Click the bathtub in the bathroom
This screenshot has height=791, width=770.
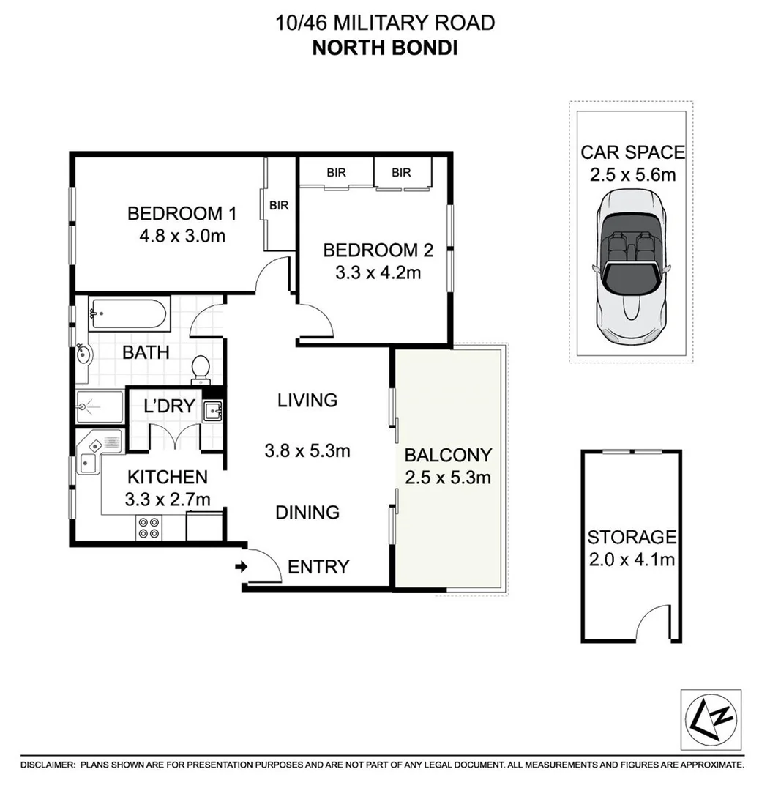click(129, 316)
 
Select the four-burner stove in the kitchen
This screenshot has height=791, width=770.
click(149, 528)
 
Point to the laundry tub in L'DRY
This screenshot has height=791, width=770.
click(212, 412)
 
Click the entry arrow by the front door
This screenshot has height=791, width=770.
click(240, 566)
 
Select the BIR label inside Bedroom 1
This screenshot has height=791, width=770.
click(279, 206)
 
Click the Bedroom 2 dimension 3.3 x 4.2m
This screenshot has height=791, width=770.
click(378, 273)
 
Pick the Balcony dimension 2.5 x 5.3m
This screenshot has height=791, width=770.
click(447, 478)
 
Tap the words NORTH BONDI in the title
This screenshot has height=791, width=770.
click(384, 48)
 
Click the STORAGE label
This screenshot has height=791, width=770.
click(632, 538)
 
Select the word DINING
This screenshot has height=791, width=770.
click(307, 512)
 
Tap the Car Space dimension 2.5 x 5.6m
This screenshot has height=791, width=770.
click(632, 174)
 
